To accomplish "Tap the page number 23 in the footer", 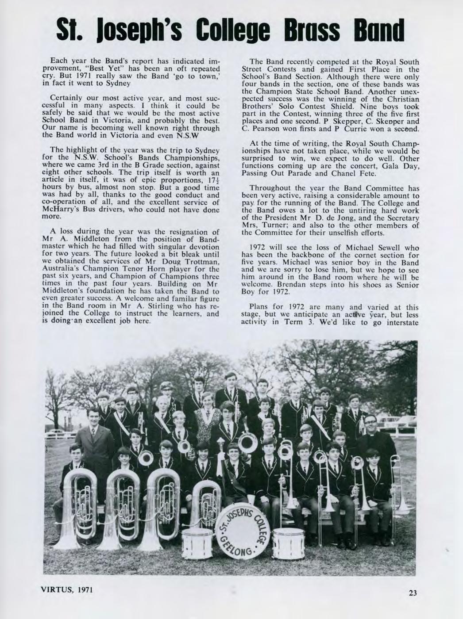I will pyautogui.click(x=412, y=593).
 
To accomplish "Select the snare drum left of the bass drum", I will pyautogui.click(x=197, y=542).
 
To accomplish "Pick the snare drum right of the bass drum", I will pyautogui.click(x=288, y=543).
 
